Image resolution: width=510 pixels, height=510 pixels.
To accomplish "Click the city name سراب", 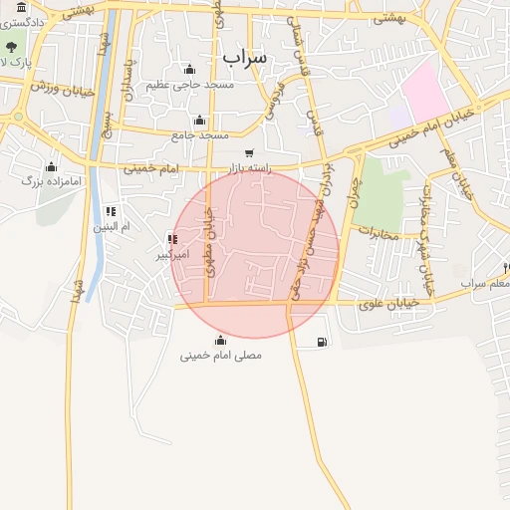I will point(245,58).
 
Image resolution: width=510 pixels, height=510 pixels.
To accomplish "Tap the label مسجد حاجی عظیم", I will point(190,85).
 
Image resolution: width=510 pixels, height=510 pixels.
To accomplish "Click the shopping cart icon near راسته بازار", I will point(248,152).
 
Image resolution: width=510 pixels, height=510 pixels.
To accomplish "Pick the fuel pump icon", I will point(320,343).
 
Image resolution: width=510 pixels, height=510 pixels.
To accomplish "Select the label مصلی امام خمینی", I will point(220,355).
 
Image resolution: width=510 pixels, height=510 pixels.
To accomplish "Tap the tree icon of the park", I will point(12,47).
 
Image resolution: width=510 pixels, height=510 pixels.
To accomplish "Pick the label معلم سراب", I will point(485,284).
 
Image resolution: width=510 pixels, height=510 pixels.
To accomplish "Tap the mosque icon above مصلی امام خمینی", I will point(220,340).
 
